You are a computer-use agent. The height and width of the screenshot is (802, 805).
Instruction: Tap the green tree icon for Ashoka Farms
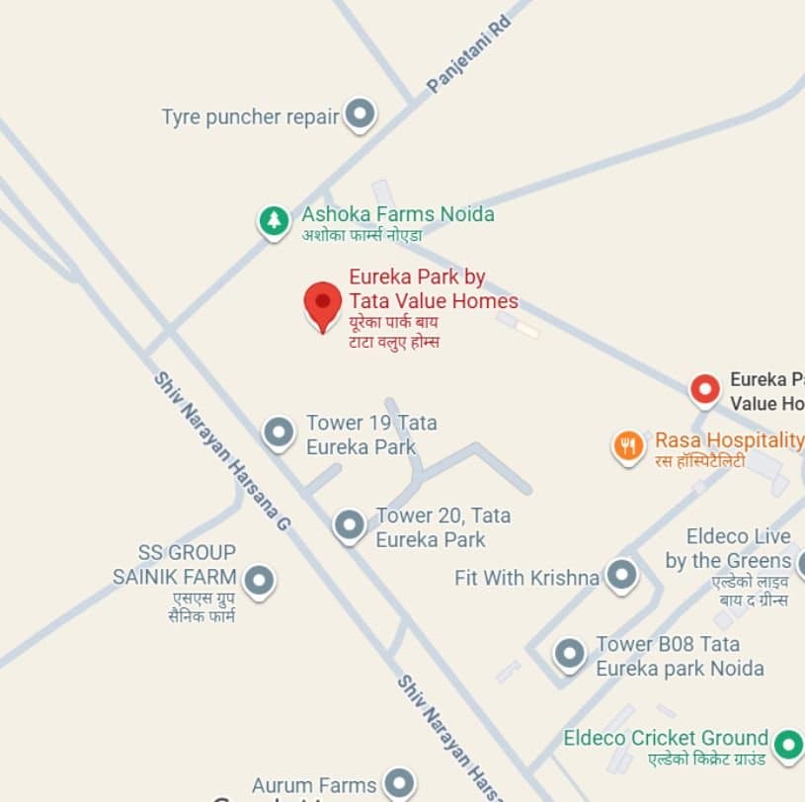point(274,220)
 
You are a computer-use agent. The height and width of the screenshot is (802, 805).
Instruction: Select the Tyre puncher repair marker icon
point(361,116)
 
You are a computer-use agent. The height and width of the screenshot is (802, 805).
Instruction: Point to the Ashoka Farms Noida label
point(397,214)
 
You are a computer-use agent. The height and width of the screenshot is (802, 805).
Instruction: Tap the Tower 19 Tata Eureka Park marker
point(279,433)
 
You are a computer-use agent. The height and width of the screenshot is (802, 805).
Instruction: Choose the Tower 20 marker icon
point(349,525)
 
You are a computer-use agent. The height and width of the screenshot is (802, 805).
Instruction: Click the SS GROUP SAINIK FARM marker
point(260,581)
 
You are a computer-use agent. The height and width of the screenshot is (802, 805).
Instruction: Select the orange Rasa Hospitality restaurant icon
point(628,446)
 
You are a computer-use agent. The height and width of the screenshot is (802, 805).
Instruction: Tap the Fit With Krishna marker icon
point(621,575)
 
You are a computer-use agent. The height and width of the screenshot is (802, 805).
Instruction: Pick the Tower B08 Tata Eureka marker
point(570,654)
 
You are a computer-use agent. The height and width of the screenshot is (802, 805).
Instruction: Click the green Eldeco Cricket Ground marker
point(787,744)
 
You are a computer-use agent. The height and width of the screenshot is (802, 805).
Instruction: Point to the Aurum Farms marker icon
point(399,784)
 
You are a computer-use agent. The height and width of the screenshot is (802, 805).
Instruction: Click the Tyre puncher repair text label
point(250,117)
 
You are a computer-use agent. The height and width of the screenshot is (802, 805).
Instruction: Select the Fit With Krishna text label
point(526,578)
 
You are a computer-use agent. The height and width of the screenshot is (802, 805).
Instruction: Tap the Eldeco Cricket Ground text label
point(665,738)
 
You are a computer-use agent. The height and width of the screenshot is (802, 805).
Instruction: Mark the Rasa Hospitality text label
point(728,441)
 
